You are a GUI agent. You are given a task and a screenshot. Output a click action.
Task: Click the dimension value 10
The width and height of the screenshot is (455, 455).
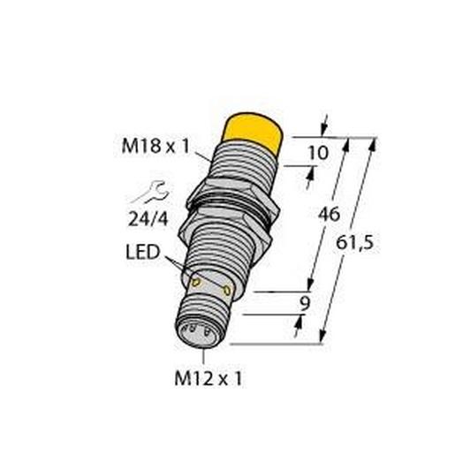tap(318, 153)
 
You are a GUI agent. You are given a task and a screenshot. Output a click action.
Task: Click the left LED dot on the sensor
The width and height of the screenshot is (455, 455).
tap(196, 281)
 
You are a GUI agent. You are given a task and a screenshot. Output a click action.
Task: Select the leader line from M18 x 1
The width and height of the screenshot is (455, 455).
tap(201, 157)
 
